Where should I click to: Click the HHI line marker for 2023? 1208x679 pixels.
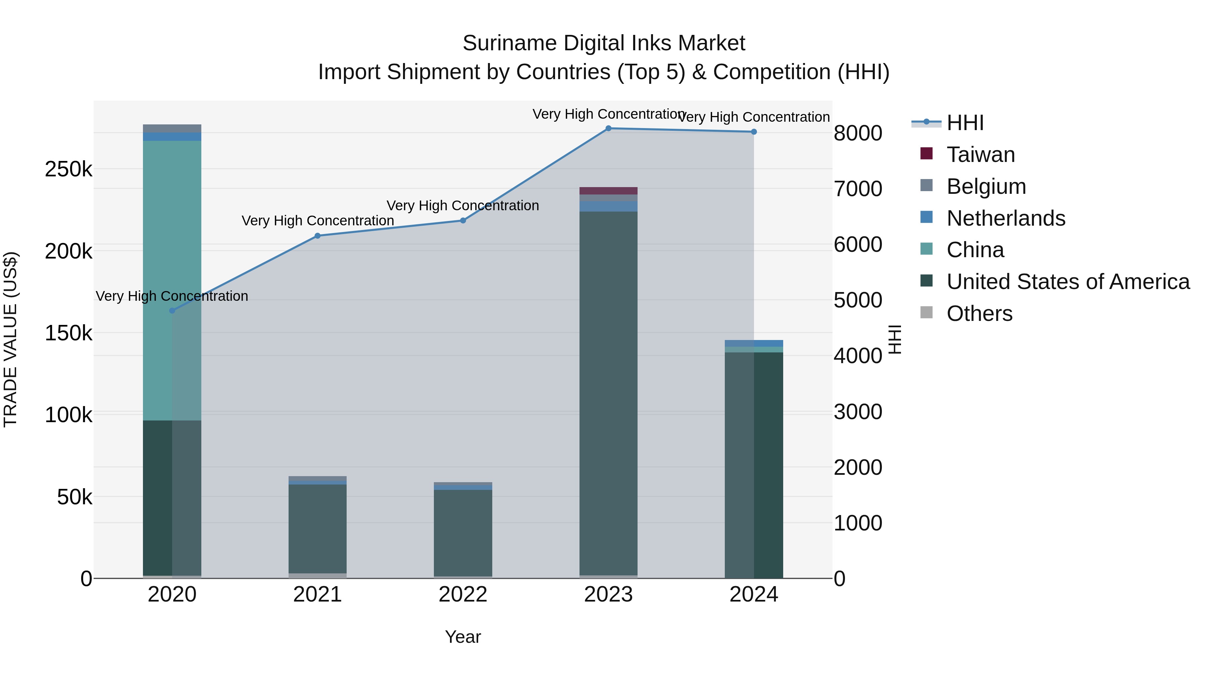608,128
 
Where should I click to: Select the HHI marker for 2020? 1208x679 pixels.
172,311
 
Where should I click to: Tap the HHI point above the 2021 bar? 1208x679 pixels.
317,236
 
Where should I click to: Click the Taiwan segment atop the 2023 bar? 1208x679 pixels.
608,191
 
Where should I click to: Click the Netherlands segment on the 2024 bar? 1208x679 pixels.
754,343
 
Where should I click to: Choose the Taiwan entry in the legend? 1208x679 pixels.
980,155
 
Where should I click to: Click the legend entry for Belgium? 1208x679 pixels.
986,186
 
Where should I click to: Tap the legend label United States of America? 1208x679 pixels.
1068,282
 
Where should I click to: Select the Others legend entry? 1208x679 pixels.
979,314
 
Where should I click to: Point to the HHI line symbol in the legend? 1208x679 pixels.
926,122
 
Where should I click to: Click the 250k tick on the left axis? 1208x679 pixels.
68,169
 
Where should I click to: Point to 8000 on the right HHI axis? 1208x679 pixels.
858,133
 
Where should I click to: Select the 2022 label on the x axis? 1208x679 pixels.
463,595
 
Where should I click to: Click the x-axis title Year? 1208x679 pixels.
463,637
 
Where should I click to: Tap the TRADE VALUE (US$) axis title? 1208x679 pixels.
10,339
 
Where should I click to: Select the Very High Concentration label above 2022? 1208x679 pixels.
463,206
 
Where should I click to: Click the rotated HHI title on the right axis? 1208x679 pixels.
895,339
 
